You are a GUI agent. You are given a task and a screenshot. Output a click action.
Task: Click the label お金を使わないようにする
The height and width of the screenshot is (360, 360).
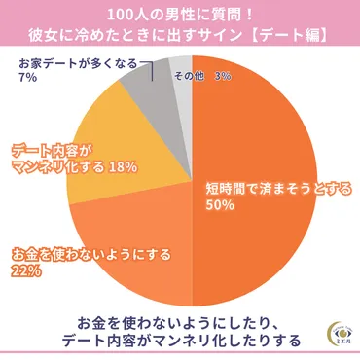point(89,256)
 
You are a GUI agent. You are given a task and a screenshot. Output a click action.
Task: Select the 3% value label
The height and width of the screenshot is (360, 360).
point(222,75)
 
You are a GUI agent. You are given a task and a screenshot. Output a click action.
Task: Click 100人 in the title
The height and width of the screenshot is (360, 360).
point(122,15)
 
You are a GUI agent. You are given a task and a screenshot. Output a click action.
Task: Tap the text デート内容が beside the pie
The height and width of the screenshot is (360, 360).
point(54,150)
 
